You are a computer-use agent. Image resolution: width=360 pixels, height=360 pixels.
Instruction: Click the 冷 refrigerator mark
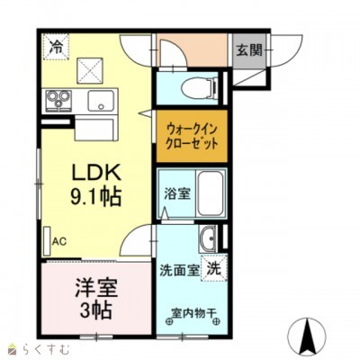coord(56,43)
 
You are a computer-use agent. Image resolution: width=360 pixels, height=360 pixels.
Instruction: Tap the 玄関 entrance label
coord(249,50)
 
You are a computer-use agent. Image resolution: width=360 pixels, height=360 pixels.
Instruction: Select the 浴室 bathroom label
coord(175,193)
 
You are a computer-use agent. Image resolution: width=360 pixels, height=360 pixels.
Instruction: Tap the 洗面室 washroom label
coord(179,270)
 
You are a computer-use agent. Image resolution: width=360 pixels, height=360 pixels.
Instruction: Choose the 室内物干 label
coord(192,316)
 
